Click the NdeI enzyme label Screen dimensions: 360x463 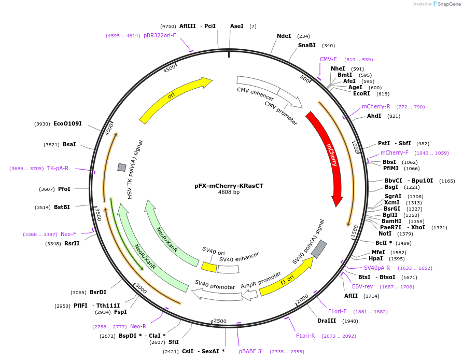click(284, 36)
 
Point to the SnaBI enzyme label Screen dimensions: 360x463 click(306, 45)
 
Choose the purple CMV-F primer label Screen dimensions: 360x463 click(328, 60)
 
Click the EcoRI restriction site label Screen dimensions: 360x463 click(361, 94)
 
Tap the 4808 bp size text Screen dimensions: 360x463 click(229, 192)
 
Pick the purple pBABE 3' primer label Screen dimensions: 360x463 click(251, 351)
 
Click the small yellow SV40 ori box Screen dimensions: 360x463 click(209, 267)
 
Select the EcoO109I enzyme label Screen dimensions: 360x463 click(67, 123)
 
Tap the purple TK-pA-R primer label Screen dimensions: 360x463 click(58, 168)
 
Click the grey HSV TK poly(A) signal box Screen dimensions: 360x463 click(122, 167)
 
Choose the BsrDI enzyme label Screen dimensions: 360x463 click(98, 292)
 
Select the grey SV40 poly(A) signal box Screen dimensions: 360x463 click(319, 250)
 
